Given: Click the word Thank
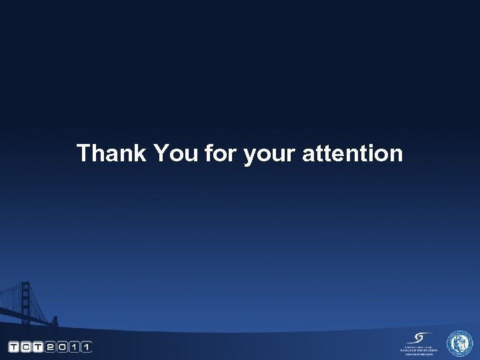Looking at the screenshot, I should click(x=111, y=153).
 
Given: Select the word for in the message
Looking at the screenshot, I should click(x=221, y=153).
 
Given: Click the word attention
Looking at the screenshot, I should click(x=353, y=153).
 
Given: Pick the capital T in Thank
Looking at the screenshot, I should click(x=83, y=153).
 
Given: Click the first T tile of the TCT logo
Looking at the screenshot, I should click(x=13, y=347).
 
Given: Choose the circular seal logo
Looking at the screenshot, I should click(x=459, y=343).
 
